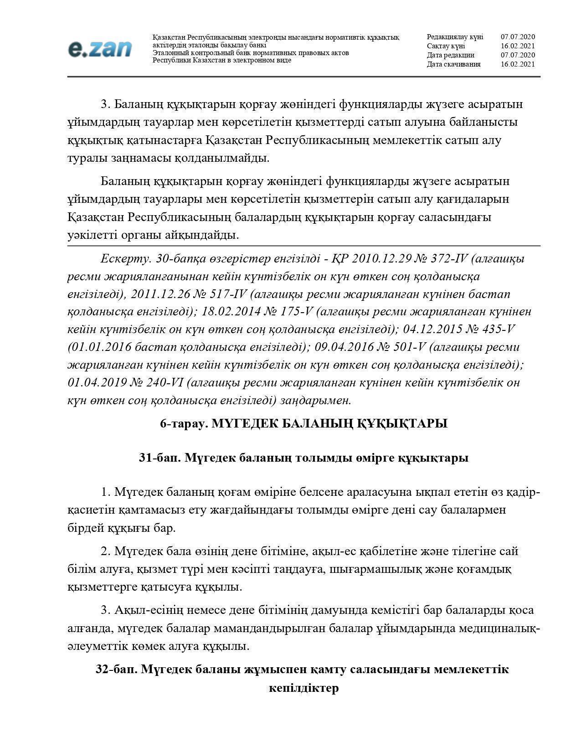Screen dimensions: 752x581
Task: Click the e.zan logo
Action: tap(100, 49)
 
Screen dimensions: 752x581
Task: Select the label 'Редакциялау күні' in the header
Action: tap(455, 37)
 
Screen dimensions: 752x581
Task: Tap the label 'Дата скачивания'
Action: tap(453, 64)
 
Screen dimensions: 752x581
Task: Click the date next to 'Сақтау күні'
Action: tap(518, 46)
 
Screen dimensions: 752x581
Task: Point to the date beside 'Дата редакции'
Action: tap(518, 55)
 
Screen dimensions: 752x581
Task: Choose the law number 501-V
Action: tap(402, 347)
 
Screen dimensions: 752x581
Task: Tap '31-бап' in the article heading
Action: tap(159, 458)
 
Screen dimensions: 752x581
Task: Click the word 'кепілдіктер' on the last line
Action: tap(304, 688)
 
